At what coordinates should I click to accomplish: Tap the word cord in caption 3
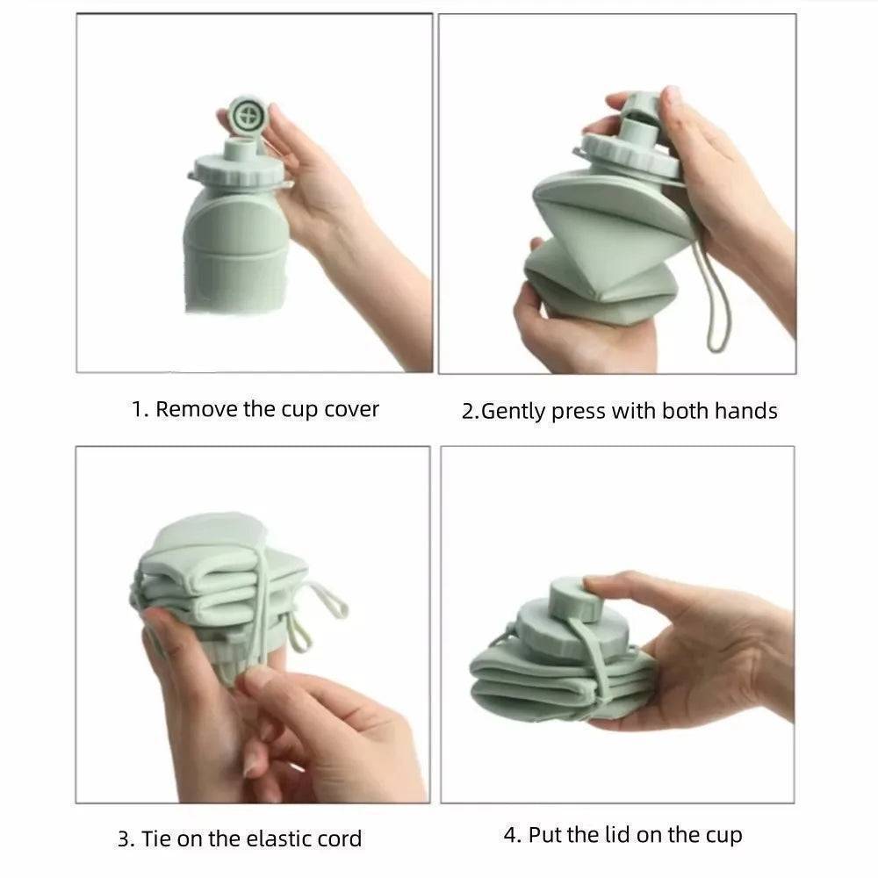click(339, 838)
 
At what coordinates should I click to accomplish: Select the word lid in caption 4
click(616, 835)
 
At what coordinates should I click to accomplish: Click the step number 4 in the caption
click(510, 835)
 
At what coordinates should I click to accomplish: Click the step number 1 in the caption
click(138, 409)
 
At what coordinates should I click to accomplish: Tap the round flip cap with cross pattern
click(247, 114)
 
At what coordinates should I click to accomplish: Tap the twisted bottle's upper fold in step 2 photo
click(606, 211)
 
